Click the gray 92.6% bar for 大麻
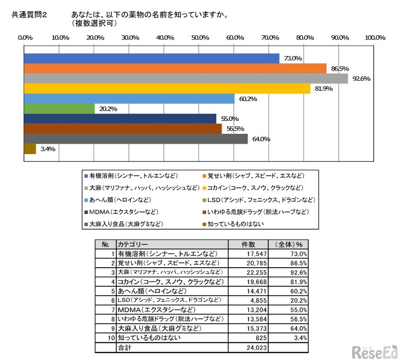tap(186, 78)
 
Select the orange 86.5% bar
tap(175, 68)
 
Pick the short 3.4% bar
tap(30, 149)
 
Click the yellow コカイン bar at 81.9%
tap(167, 88)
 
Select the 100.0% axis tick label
tap(374, 38)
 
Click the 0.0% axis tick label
tap(25, 38)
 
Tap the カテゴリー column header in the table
tap(133, 245)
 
